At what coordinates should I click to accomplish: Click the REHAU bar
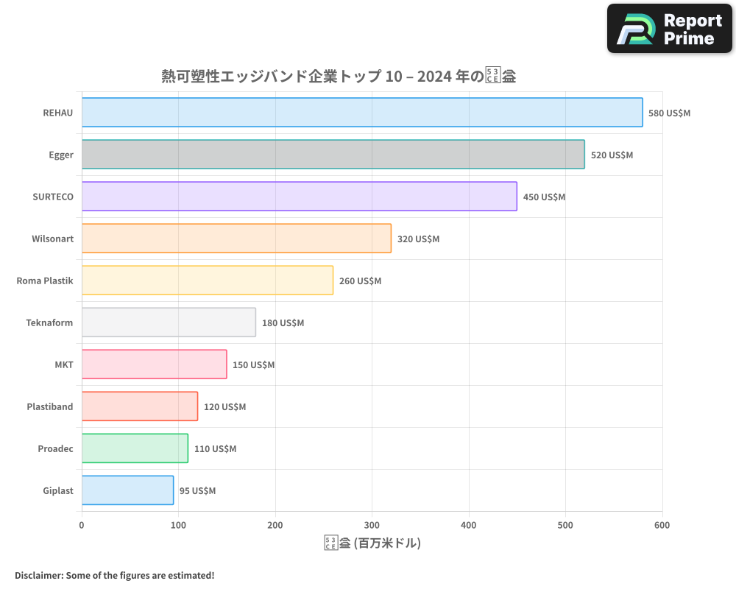point(361,113)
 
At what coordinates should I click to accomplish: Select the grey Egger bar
point(333,155)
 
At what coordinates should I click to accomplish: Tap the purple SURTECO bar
point(299,197)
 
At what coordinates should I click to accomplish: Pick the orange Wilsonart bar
point(236,239)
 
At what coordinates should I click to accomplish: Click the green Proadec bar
point(135,448)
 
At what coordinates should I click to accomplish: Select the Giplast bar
point(127,490)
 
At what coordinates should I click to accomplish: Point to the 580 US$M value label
point(669,113)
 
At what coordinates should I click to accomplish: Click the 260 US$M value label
point(360,281)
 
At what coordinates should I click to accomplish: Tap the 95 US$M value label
point(197,491)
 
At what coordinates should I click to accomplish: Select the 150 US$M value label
point(253,365)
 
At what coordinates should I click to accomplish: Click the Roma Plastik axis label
point(45,281)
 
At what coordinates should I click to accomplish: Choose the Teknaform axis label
point(49,322)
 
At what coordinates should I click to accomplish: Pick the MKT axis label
point(64,364)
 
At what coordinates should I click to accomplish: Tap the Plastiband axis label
point(49,406)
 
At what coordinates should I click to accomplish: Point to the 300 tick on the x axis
point(372,525)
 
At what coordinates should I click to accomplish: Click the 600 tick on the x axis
point(662,525)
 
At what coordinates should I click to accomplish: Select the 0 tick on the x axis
point(82,525)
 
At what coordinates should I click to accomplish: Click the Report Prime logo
point(670,29)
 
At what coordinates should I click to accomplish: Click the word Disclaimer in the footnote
point(38,575)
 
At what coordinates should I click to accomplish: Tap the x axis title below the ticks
point(372,543)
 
